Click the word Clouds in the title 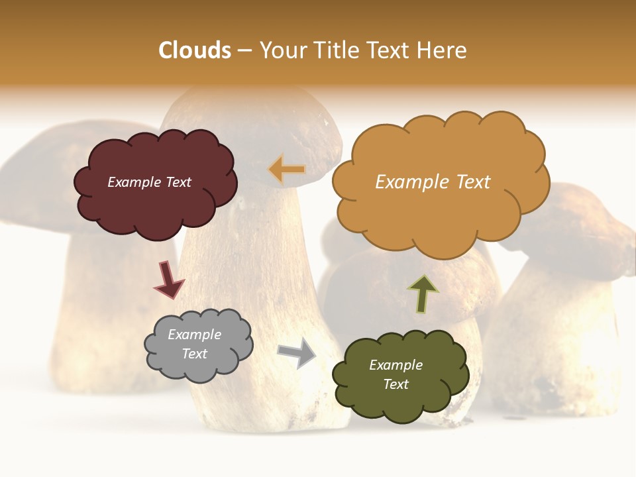pos(195,50)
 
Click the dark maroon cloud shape pos(155,205)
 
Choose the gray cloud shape pos(199,368)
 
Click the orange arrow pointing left pos(287,170)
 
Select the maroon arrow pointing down pos(168,279)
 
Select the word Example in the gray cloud pos(194,335)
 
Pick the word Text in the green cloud pos(396,384)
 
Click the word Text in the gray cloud pos(194,354)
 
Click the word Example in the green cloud pos(396,365)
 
